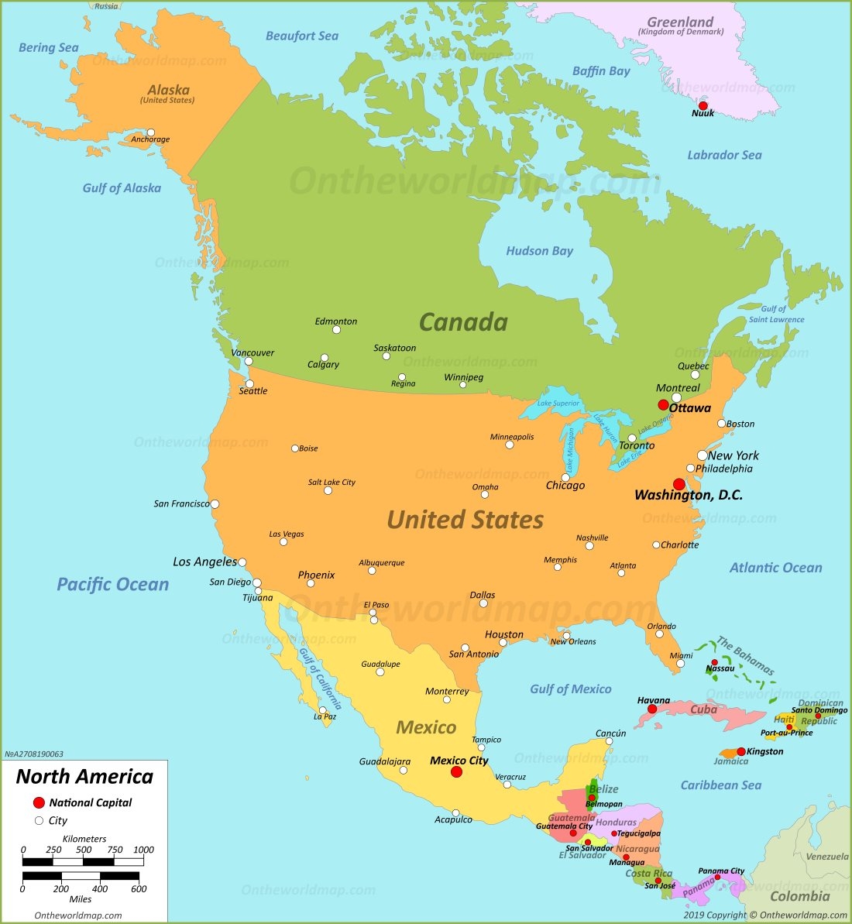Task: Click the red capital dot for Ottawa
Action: click(663, 405)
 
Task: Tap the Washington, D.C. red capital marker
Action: click(679, 484)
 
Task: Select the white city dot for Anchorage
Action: click(151, 132)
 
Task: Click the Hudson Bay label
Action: click(539, 251)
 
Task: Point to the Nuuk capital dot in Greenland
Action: click(703, 105)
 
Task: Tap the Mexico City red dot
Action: click(457, 772)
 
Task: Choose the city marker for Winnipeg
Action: click(463, 385)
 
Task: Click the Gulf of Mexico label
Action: click(570, 689)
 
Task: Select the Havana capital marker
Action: click(652, 709)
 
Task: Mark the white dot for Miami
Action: click(680, 663)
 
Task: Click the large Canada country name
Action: click(463, 322)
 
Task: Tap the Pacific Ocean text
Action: click(112, 585)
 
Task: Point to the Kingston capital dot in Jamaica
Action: click(741, 751)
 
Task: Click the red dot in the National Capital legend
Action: click(39, 803)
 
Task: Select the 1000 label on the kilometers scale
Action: click(143, 850)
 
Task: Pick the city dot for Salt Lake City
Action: click(328, 490)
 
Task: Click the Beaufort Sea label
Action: click(302, 36)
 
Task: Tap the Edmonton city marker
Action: click(336, 330)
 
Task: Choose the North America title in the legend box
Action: click(84, 776)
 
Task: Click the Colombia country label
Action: click(799, 897)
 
